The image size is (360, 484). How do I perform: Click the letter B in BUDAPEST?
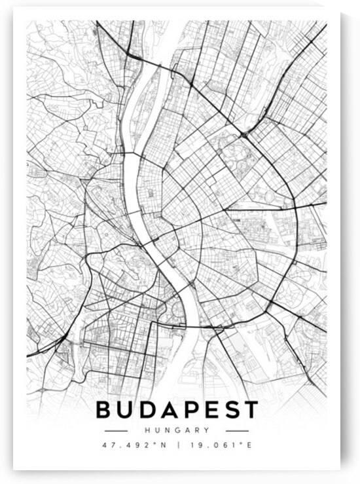(104, 410)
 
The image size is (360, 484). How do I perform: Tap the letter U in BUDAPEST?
(126, 410)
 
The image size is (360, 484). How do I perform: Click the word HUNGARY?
(177, 430)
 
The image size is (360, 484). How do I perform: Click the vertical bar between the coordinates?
(177, 445)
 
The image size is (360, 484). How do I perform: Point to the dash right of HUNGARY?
(237, 430)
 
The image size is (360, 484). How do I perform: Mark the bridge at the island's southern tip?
(137, 155)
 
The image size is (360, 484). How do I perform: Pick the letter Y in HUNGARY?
(207, 430)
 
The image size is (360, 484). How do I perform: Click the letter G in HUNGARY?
(177, 430)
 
